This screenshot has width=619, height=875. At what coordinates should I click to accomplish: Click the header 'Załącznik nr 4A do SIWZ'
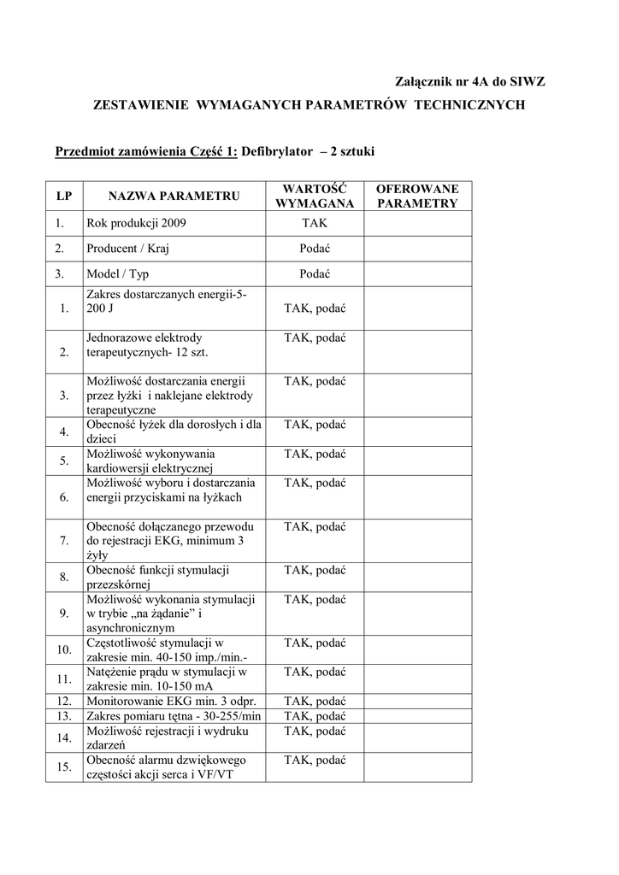(x=469, y=81)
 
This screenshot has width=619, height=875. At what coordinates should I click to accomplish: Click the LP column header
(x=63, y=197)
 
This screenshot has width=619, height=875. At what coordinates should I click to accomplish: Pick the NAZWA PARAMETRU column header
(x=174, y=197)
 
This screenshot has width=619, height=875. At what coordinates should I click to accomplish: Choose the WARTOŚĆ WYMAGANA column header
(x=314, y=197)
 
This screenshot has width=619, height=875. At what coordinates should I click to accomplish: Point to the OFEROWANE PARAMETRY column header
(x=418, y=197)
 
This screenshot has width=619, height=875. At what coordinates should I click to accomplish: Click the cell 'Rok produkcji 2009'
(x=136, y=223)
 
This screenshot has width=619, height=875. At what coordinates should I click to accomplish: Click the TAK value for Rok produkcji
(x=314, y=223)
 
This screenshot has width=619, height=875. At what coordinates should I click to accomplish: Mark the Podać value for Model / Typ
(x=314, y=274)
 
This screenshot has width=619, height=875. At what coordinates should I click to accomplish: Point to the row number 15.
(x=63, y=766)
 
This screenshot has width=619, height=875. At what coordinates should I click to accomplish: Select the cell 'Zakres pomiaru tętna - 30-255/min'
(x=174, y=715)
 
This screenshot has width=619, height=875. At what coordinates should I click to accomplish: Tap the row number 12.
(x=63, y=702)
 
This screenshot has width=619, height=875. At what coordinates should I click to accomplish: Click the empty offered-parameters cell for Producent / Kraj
(x=418, y=249)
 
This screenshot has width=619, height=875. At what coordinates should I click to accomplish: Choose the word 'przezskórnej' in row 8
(x=118, y=584)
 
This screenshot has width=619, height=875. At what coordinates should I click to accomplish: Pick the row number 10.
(x=63, y=649)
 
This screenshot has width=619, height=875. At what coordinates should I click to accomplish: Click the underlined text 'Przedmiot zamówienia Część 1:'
(x=146, y=151)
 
